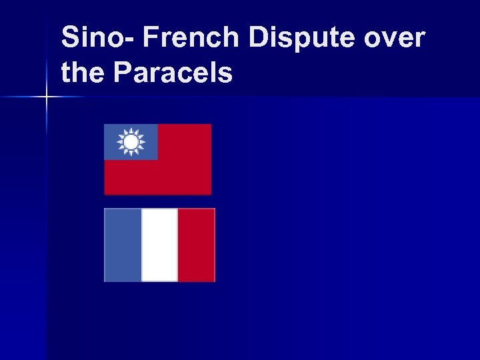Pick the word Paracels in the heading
tap(173, 72)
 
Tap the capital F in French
tap(149, 38)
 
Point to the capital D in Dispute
tap(258, 38)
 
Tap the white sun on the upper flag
tap(131, 142)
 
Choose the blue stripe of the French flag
tap(123, 245)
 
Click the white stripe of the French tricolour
tap(160, 245)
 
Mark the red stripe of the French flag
tap(197, 245)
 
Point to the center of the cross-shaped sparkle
tap(47, 97)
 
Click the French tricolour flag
tap(160, 245)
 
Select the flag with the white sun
tap(158, 159)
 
